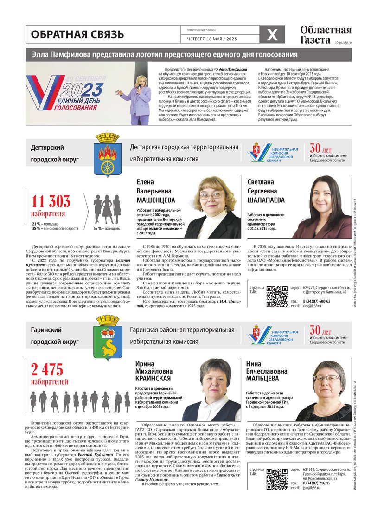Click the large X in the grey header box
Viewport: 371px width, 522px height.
pos(272,34)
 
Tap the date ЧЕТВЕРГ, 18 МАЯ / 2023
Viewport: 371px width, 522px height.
pos(211,39)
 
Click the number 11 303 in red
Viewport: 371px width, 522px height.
pos(51,201)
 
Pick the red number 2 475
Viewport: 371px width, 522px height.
pos(47,369)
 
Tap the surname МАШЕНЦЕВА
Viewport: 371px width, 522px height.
pos(156,200)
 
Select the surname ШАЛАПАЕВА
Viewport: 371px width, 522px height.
pos(266,200)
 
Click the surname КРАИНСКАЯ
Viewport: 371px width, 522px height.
pos(154,379)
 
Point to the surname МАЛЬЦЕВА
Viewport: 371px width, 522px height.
pos(263,379)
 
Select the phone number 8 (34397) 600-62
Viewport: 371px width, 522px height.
pos(317,301)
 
